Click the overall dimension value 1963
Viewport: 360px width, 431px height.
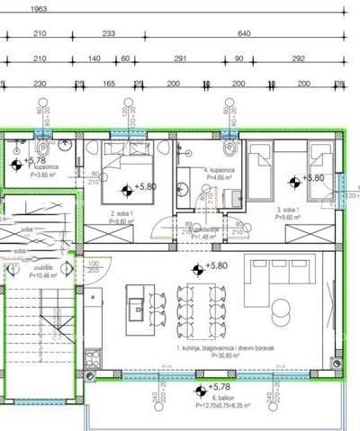[x=38, y=9]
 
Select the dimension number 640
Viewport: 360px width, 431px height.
[x=243, y=34]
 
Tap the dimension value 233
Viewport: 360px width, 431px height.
[x=109, y=34]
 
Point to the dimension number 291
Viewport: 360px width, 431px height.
[x=179, y=58]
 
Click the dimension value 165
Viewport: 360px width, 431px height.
[x=108, y=83]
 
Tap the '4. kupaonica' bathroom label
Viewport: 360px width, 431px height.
[x=219, y=169]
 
